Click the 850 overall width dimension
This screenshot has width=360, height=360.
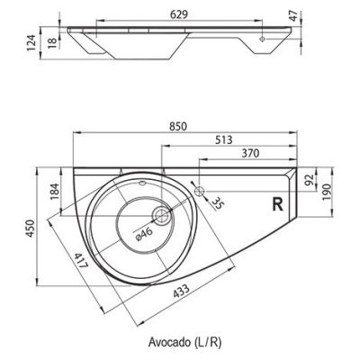[x=179, y=126]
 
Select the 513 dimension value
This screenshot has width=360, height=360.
[x=224, y=139]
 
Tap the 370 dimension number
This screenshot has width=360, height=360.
[x=250, y=154]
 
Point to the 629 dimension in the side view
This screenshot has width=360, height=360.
[x=179, y=14]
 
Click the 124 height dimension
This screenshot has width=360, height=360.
[x=31, y=42]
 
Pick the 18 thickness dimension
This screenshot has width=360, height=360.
[x=52, y=43]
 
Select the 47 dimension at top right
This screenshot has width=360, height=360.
[x=293, y=16]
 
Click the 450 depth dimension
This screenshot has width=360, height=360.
[x=31, y=229]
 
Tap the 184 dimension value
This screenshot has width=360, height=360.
[x=55, y=192]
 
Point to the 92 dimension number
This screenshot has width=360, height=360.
[x=310, y=179]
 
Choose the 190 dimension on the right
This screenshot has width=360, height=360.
[x=327, y=192]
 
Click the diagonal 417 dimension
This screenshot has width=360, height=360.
[x=81, y=261]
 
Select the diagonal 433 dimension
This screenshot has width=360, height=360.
[x=181, y=291]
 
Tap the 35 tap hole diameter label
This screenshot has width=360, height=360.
[x=218, y=204]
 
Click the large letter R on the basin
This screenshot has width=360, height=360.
[x=278, y=204]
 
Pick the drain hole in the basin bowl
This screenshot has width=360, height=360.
[x=162, y=216]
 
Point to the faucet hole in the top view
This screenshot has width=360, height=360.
[x=200, y=191]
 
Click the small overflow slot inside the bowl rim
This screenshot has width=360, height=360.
[x=143, y=182]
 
